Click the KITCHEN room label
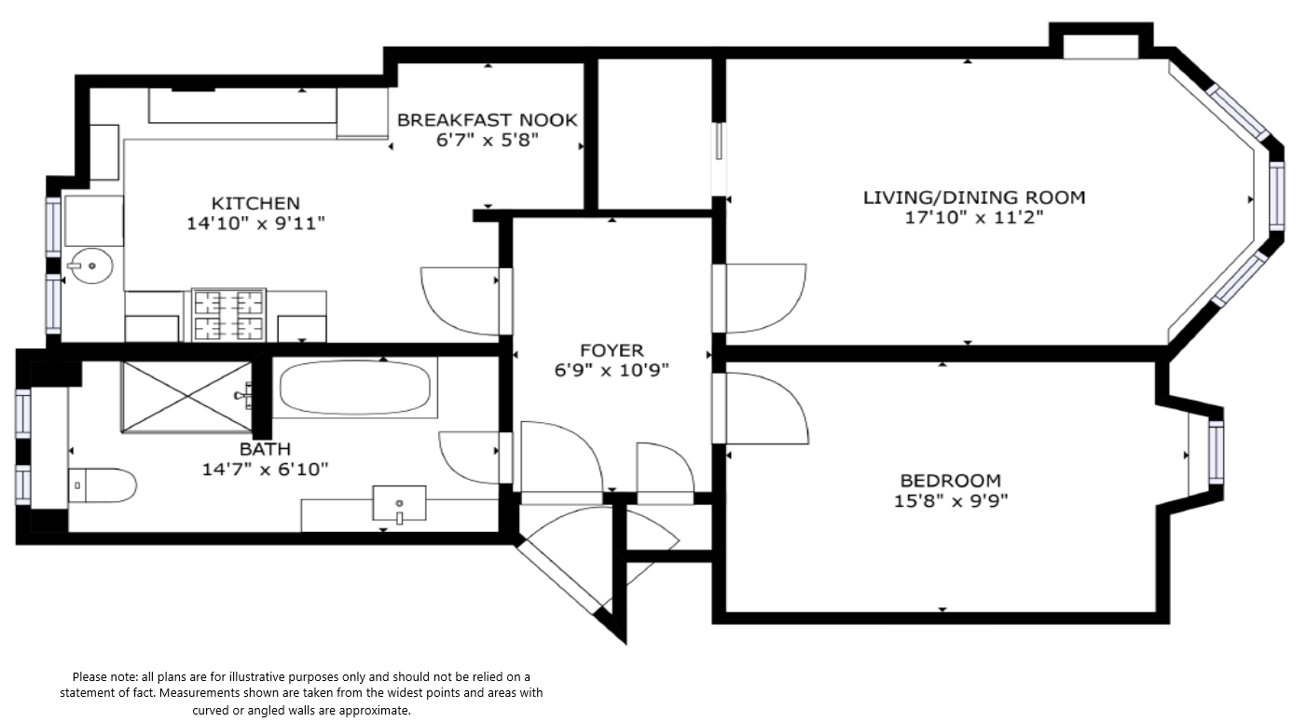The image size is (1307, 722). click(255, 203)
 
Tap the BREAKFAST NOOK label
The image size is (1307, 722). click(488, 120)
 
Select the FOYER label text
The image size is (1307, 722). click(612, 350)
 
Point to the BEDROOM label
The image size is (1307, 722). click(951, 481)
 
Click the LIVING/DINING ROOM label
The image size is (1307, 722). click(974, 198)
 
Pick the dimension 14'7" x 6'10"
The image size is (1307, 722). click(265, 469)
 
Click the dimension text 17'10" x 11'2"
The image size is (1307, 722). click(974, 218)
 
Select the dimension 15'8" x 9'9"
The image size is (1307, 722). click(951, 501)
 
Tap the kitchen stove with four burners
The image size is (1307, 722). click(228, 315)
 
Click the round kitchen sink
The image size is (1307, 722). click(92, 266)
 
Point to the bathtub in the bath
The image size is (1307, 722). click(355, 388)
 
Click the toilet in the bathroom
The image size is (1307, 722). click(103, 485)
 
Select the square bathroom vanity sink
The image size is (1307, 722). click(399, 503)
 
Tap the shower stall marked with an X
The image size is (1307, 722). click(186, 397)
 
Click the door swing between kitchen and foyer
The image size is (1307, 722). click(460, 301)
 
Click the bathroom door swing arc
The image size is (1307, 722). click(469, 457)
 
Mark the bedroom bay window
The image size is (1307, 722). click(1216, 453)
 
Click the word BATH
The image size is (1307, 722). click(265, 449)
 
